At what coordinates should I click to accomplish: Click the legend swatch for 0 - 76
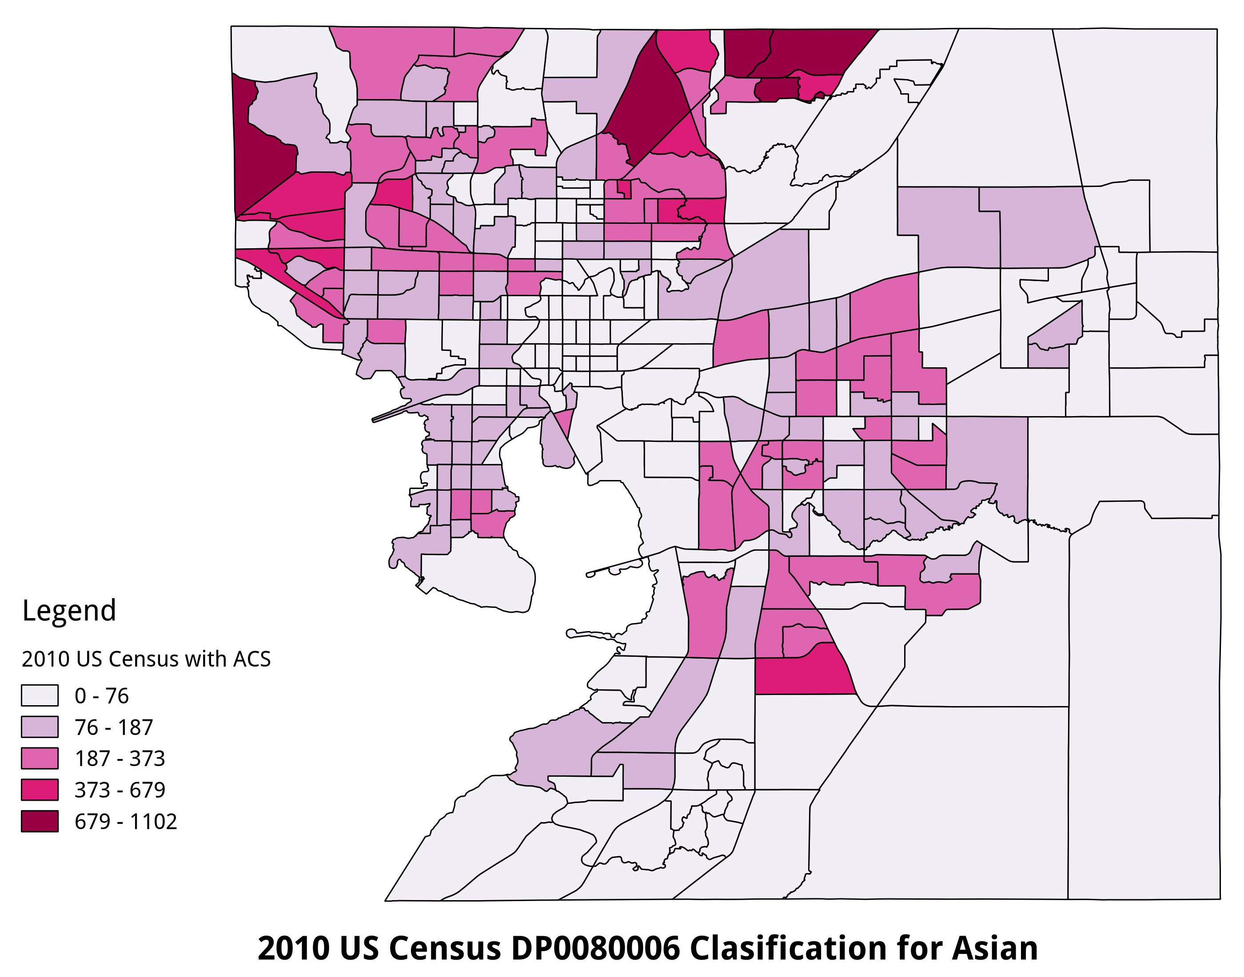[40, 695]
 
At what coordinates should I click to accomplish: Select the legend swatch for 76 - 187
[40, 727]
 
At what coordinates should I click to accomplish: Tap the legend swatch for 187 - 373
[40, 759]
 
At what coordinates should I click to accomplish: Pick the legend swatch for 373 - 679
[40, 790]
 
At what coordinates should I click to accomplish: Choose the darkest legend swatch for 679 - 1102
[40, 822]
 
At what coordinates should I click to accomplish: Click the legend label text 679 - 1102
[126, 822]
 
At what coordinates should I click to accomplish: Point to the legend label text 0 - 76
[102, 695]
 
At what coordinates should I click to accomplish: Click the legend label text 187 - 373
[120, 759]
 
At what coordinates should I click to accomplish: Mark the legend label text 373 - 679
[120, 790]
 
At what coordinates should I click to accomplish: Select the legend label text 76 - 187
[114, 727]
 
